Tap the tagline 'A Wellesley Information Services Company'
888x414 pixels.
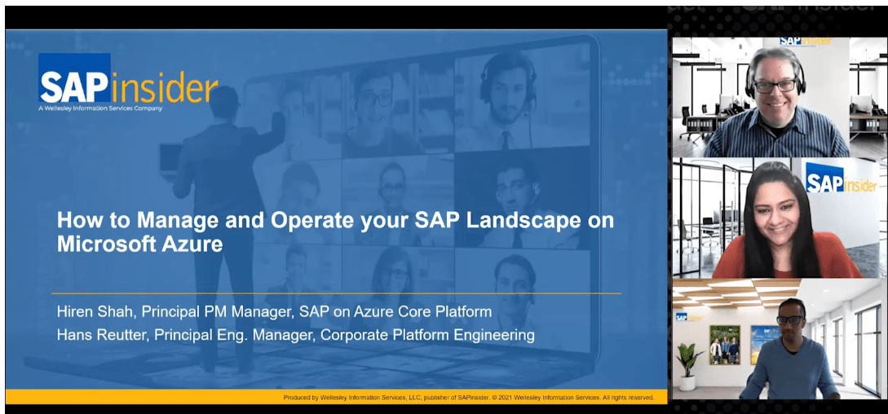(x=100, y=108)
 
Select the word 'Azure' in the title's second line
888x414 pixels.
(x=193, y=244)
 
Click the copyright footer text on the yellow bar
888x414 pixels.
(x=469, y=397)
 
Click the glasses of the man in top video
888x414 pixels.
(x=775, y=85)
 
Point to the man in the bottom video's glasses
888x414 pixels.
(x=789, y=321)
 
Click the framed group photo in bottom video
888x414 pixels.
(x=724, y=344)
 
